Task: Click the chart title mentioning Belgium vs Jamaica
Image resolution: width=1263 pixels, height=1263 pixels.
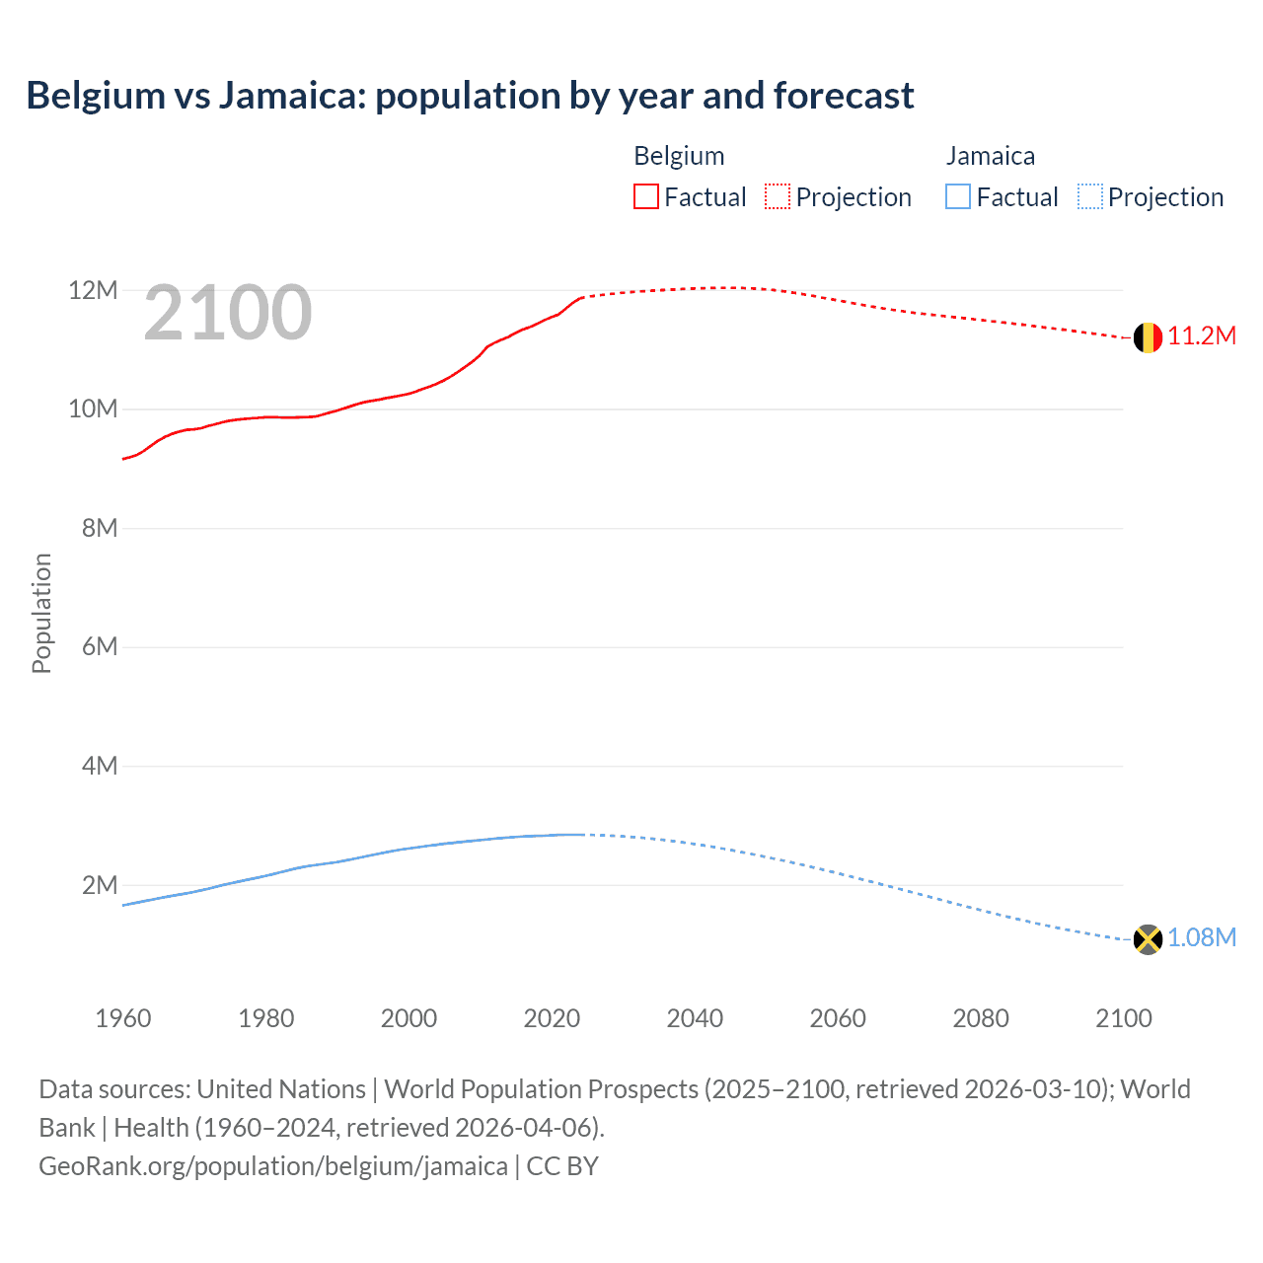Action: click(x=470, y=96)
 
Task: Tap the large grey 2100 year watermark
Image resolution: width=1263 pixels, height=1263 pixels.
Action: click(x=228, y=313)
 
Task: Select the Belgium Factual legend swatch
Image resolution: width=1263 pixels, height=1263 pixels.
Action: click(x=645, y=197)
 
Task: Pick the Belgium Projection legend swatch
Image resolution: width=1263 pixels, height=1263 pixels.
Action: click(x=778, y=197)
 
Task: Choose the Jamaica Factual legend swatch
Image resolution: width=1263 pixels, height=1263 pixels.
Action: click(x=958, y=197)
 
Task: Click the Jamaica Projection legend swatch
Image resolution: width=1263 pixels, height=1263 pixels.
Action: click(x=1090, y=197)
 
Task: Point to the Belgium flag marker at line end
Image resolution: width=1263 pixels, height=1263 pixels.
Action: click(x=1148, y=337)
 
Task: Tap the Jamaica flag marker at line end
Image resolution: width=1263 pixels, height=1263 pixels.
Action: click(x=1148, y=939)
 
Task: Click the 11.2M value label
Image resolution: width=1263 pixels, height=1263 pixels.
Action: click(x=1202, y=336)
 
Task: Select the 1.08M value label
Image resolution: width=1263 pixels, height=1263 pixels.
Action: click(x=1202, y=937)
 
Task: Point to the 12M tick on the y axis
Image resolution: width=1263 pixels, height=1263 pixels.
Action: click(x=93, y=290)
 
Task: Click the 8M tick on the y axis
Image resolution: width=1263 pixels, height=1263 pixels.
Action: click(x=100, y=528)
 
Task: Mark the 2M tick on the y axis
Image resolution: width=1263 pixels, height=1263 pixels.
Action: click(x=100, y=885)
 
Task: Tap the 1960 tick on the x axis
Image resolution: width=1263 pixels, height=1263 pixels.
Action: click(x=123, y=1018)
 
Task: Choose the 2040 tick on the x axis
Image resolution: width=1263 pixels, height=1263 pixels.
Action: click(x=695, y=1018)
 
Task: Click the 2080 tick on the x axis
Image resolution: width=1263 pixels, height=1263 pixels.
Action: click(x=981, y=1018)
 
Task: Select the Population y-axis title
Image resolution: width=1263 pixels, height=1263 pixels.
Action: click(x=41, y=613)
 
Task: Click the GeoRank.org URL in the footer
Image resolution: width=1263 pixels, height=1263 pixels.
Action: click(x=273, y=1166)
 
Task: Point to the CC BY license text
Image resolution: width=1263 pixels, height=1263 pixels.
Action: click(x=562, y=1166)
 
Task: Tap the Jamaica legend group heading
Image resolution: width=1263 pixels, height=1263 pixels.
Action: click(x=991, y=156)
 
